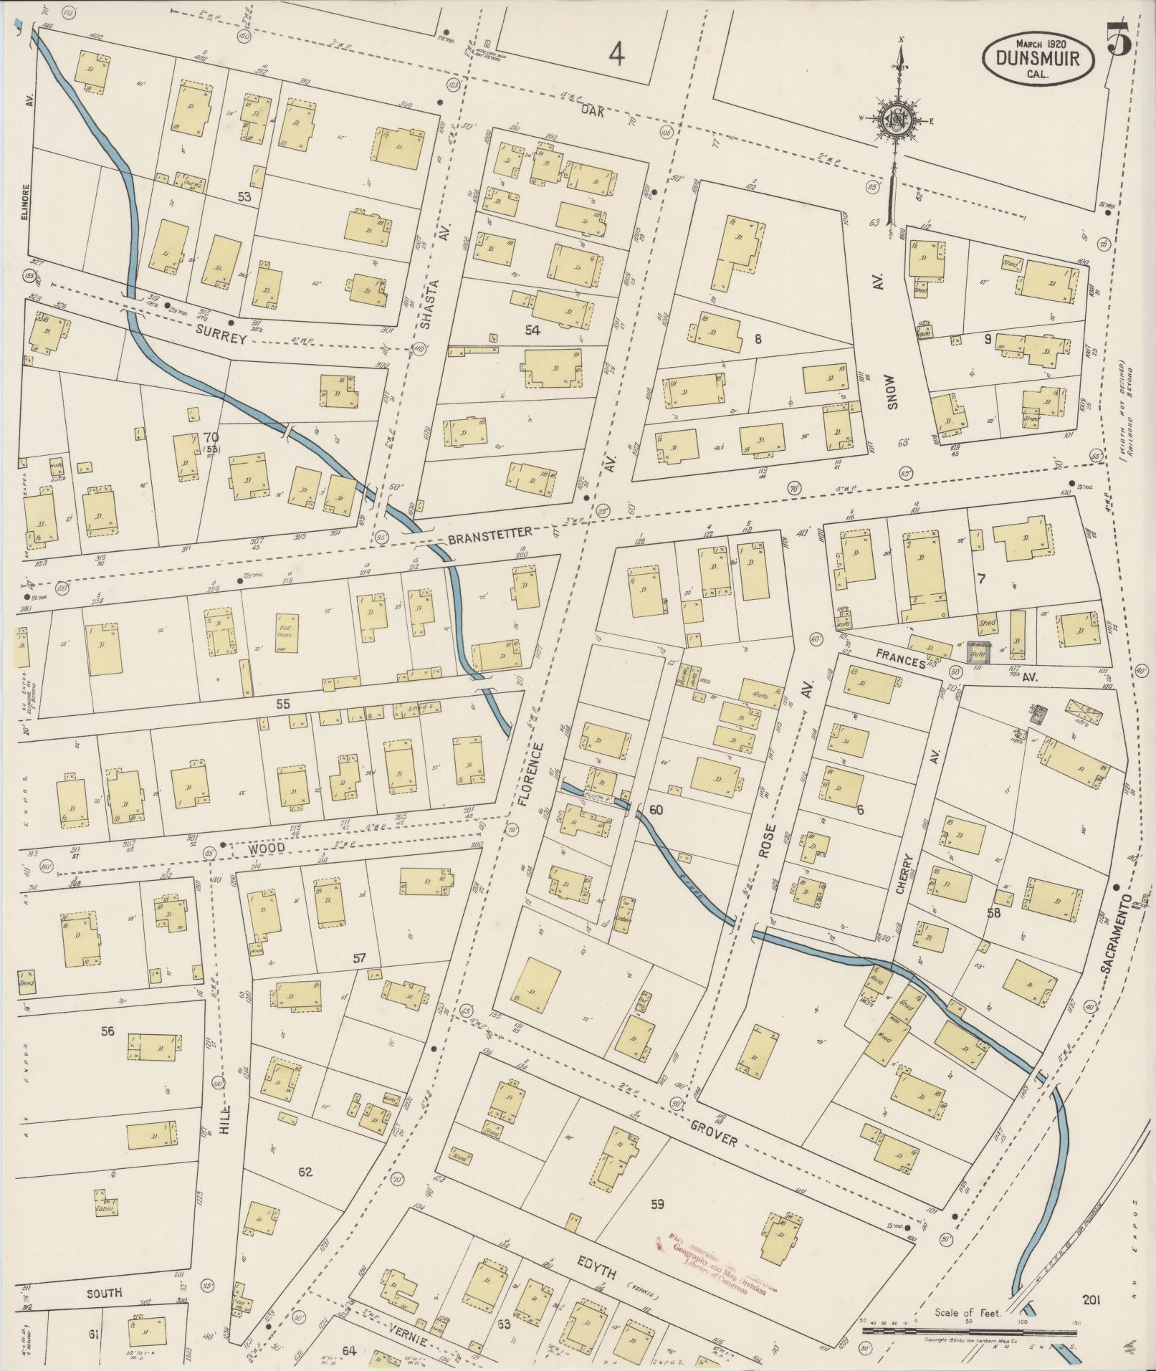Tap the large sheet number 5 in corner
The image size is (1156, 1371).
[1119, 39]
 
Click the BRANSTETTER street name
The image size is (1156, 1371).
[490, 533]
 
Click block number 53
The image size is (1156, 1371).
[244, 196]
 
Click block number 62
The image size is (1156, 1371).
[306, 1173]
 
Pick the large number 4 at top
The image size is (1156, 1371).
[617, 54]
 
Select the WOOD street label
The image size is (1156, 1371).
[267, 848]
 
